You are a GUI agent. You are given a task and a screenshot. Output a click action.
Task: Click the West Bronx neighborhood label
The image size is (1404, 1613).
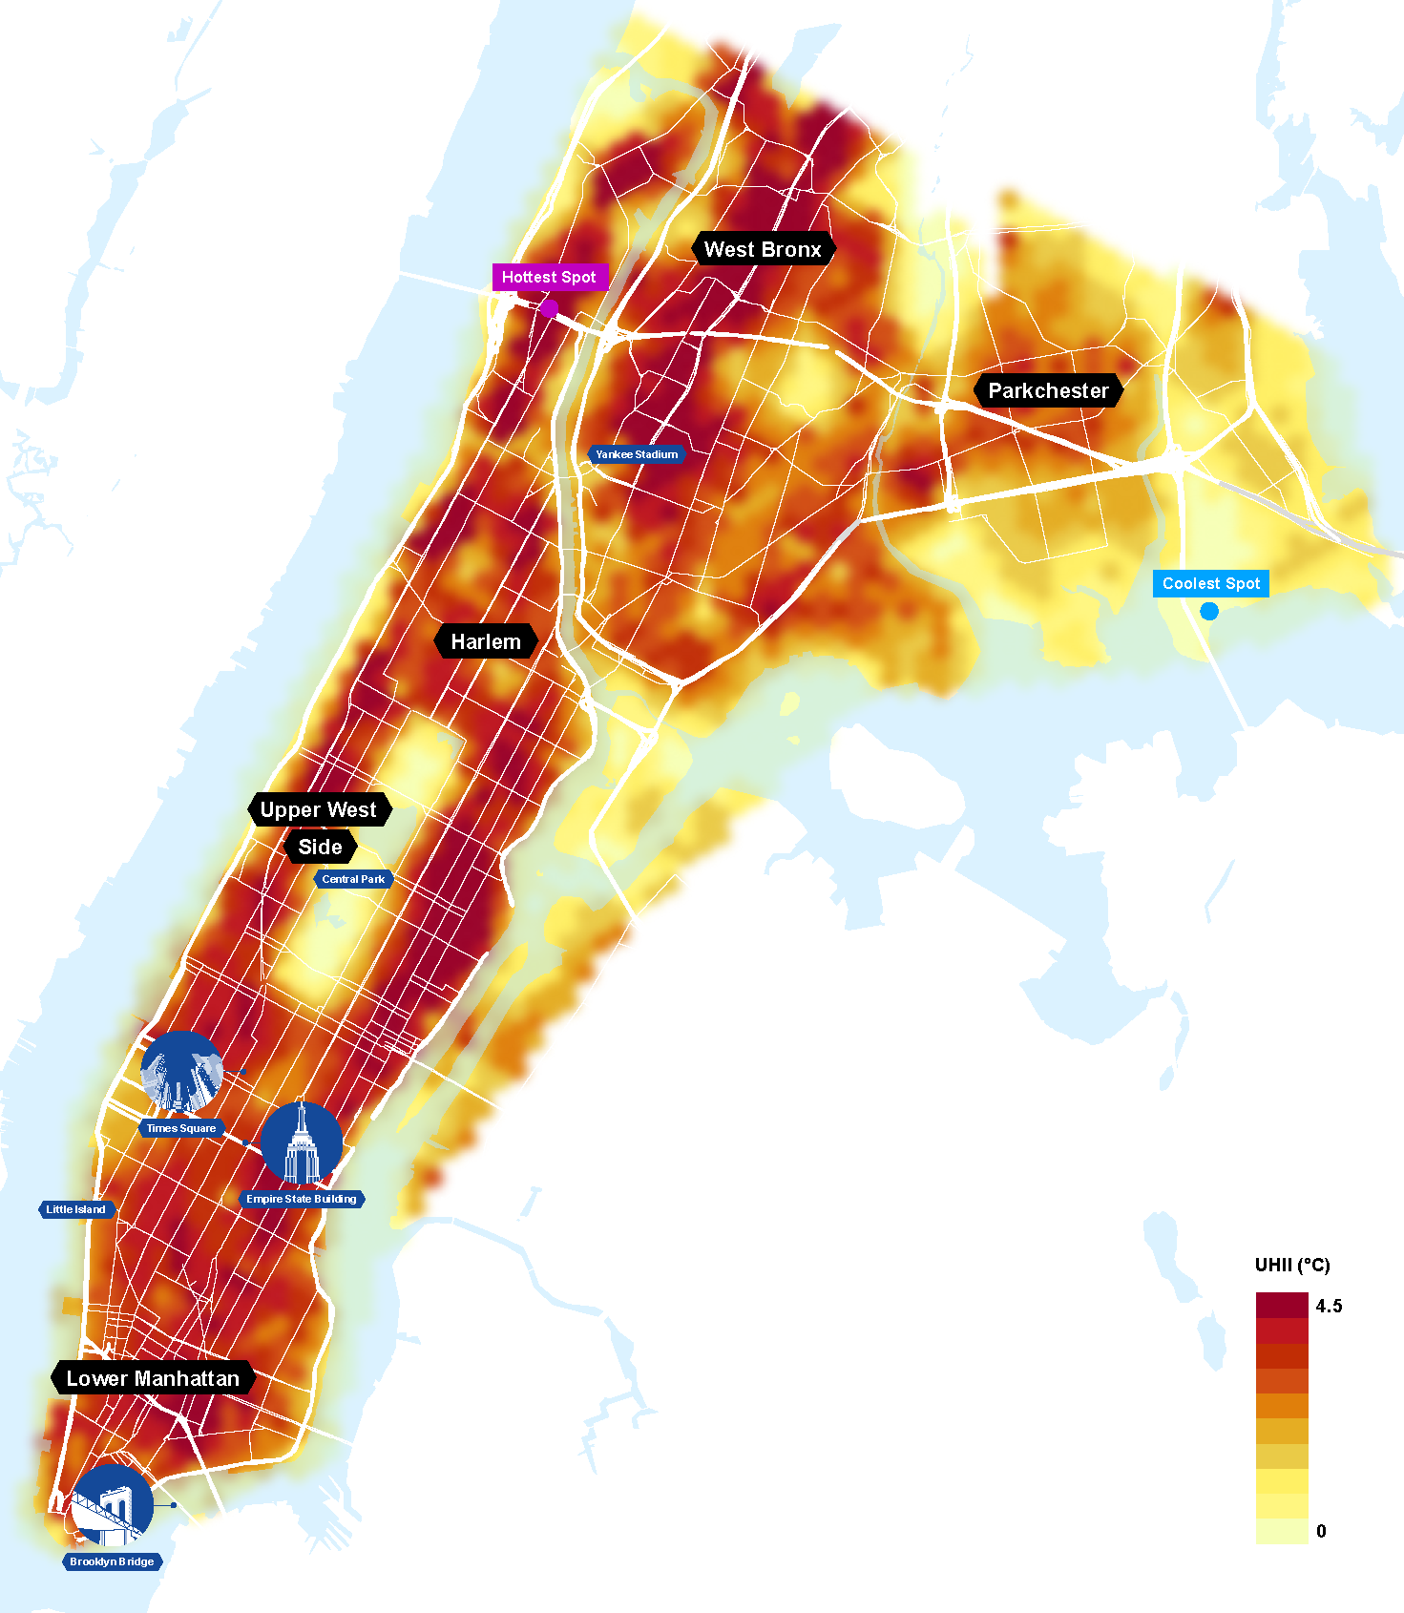763,249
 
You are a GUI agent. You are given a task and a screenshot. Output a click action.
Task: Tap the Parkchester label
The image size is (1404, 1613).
1048,390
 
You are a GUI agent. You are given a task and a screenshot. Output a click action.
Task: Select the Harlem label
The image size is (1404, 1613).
486,641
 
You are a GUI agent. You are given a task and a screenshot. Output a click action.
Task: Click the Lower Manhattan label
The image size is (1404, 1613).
153,1378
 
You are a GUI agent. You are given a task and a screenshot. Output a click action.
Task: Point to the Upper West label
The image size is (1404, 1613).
319,809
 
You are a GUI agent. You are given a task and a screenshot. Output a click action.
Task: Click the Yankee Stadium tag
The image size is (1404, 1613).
637,454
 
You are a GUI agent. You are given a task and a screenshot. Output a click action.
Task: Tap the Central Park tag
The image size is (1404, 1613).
353,879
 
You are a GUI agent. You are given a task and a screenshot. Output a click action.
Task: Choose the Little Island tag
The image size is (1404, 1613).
76,1209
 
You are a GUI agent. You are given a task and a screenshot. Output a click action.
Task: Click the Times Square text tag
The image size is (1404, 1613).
181,1128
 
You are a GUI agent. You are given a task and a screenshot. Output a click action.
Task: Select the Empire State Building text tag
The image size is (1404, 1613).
302,1199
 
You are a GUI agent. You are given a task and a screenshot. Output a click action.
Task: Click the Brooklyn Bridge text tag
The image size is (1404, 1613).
112,1561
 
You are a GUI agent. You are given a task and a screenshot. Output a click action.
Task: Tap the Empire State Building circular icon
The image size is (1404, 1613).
302,1142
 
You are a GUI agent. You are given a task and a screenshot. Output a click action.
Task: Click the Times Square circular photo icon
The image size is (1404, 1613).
182,1071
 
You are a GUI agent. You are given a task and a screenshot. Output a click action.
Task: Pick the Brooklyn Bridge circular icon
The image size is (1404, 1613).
113,1505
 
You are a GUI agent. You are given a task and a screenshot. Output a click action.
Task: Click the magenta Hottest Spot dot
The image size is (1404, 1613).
549,308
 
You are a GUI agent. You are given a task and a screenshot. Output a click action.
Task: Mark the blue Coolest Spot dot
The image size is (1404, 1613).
1209,611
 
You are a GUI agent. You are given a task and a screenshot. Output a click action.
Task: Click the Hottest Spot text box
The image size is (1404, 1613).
549,277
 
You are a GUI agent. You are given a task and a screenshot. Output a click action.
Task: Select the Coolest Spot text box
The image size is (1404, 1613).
1211,583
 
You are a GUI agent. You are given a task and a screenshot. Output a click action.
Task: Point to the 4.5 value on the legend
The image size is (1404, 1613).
1329,1306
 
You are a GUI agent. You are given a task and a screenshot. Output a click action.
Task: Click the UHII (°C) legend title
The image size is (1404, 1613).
1292,1265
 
